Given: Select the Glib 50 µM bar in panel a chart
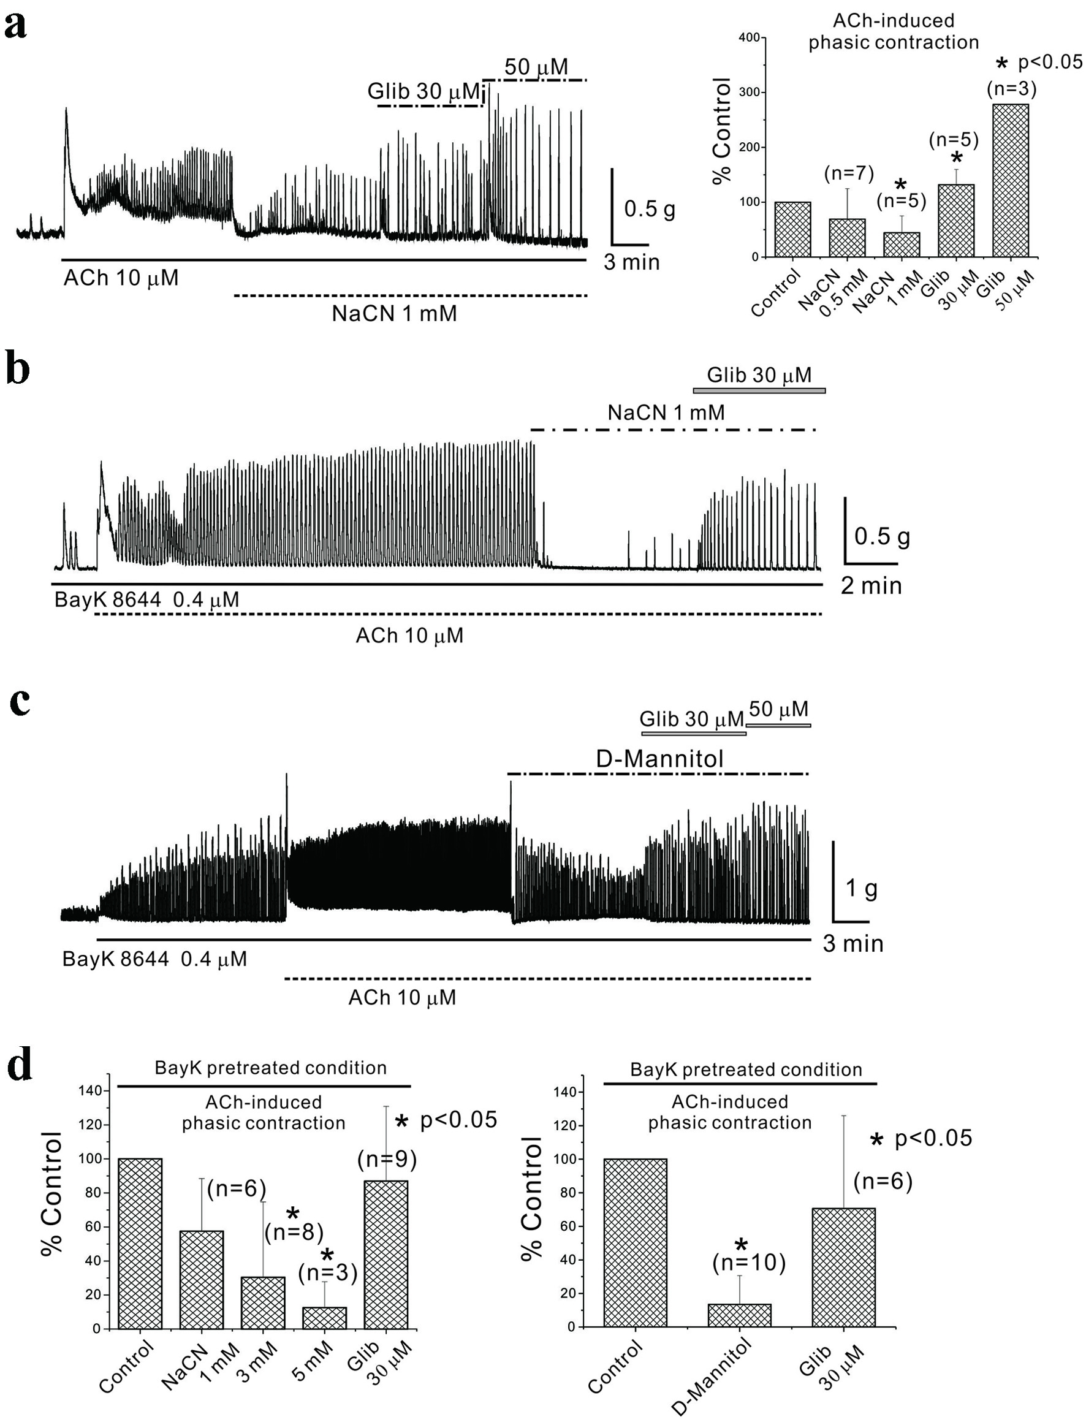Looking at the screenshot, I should coord(1010,180).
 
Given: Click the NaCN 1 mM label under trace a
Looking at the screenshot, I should coord(394,314).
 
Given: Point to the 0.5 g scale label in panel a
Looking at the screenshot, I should coord(649,209).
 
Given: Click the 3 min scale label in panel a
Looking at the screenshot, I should coord(632,262).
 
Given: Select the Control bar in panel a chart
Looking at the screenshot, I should coord(792,229).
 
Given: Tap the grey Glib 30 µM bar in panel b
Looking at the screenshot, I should coord(759,390).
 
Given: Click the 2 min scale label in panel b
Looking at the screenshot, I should coord(871,585).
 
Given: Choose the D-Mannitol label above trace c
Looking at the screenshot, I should coord(659,758).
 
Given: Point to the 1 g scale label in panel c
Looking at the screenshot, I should coord(862,888).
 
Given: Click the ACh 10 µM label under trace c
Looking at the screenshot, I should coord(402,998).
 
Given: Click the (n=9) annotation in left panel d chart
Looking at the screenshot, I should coord(387,1159).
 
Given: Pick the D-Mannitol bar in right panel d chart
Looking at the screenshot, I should coord(740,1315).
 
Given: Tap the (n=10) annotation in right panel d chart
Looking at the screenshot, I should coord(748,1262).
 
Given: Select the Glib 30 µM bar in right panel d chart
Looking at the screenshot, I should coord(843,1267).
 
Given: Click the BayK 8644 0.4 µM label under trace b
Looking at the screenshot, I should coord(146,599).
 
